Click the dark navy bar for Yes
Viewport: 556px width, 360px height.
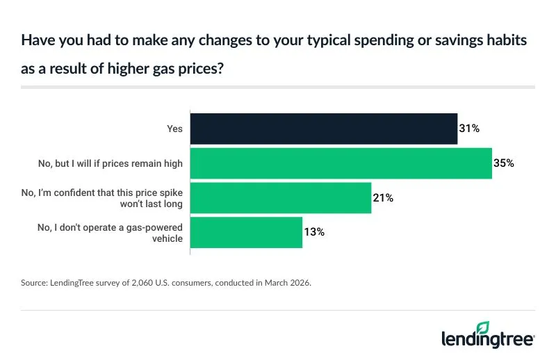click(x=324, y=129)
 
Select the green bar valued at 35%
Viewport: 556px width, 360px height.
click(x=341, y=163)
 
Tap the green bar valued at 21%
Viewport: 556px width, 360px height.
click(x=281, y=198)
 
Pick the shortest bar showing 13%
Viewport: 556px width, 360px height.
click(x=246, y=232)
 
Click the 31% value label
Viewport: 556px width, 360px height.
click(x=470, y=129)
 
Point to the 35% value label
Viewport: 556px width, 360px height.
click(x=504, y=163)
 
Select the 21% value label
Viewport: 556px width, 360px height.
click(x=383, y=198)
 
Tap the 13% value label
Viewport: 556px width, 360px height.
click(x=314, y=232)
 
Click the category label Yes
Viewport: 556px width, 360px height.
click(x=174, y=129)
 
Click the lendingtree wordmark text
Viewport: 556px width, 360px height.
click(x=486, y=340)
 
